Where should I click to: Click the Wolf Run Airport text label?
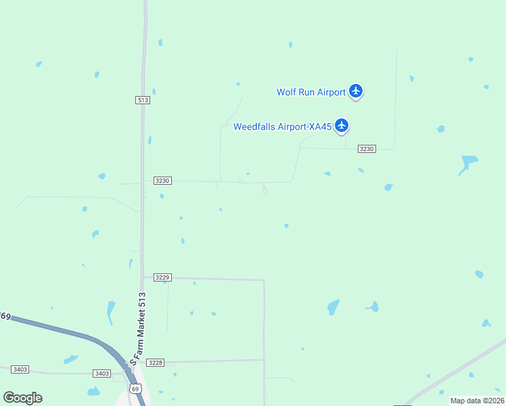click(311, 92)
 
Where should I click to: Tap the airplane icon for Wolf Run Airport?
click(356, 91)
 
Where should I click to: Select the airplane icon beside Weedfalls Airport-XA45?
click(342, 126)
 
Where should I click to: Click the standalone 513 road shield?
click(142, 99)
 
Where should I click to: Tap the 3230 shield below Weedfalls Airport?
click(366, 148)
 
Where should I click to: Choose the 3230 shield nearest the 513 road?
click(162, 181)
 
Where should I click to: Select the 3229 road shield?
click(162, 277)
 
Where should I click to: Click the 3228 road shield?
click(156, 363)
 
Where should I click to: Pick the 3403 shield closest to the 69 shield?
click(101, 374)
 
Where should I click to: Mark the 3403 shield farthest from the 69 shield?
click(20, 369)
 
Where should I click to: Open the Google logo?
click(22, 398)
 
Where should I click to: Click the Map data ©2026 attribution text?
click(477, 401)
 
